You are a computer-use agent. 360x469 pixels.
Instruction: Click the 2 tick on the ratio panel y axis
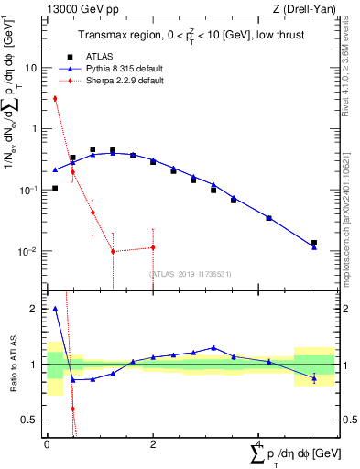(35, 309)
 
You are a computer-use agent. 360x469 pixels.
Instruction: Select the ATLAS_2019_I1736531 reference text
(191, 273)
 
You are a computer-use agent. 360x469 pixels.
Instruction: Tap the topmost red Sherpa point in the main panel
(55, 98)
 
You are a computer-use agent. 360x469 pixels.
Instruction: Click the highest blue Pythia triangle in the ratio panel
(55, 309)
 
